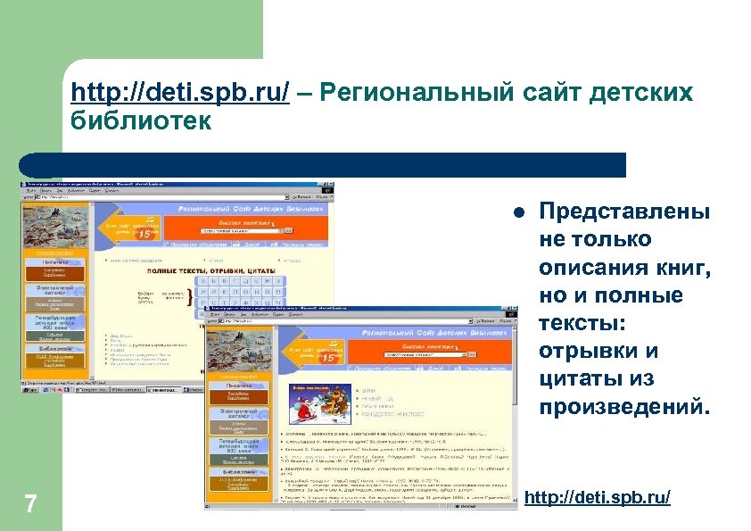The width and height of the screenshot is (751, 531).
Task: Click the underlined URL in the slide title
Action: [x=179, y=93]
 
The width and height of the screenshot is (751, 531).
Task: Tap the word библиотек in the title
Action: [x=141, y=120]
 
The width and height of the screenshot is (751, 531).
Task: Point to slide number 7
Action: [x=30, y=504]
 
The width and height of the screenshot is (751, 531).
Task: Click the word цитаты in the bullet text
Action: [x=584, y=379]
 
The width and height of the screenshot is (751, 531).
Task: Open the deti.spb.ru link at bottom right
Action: [x=598, y=497]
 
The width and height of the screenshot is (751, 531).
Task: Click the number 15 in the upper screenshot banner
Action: [x=156, y=234]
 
